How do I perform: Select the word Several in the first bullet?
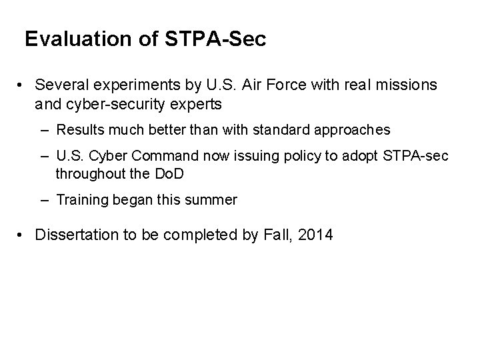pos(59,85)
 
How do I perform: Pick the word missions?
pos(409,85)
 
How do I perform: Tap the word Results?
pos(79,129)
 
